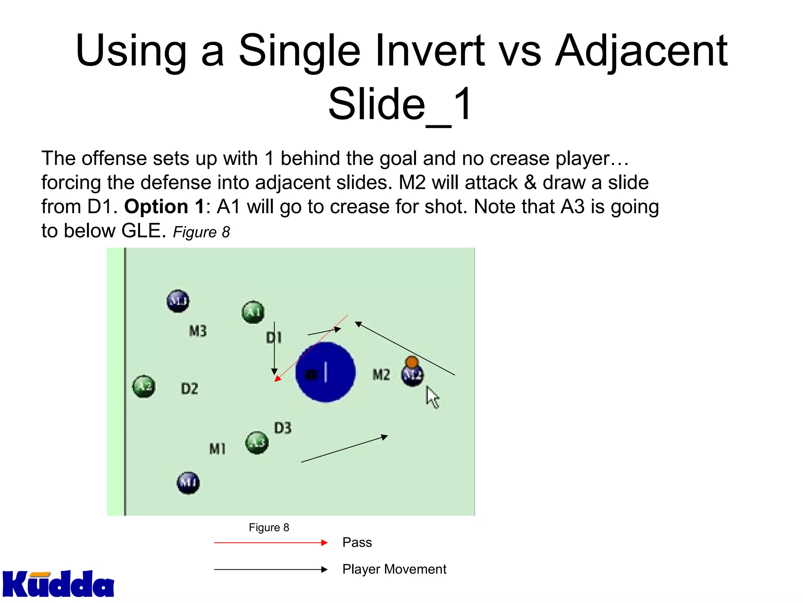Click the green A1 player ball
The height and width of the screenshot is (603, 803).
253,312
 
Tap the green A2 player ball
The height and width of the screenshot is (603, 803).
144,386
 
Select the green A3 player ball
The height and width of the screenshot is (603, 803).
257,443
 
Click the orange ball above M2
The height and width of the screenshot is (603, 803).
411,362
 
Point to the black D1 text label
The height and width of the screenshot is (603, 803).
274,338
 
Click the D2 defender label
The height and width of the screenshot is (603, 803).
189,389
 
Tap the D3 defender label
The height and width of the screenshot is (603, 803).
283,428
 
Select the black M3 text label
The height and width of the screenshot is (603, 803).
198,331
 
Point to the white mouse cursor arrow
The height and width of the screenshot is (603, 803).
432,397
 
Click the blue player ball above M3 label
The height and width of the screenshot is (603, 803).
178,301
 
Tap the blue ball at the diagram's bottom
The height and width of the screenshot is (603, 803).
188,482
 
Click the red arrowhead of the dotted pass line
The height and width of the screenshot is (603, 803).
277,378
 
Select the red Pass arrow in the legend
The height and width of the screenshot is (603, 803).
271,543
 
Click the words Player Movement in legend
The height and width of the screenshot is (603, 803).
394,569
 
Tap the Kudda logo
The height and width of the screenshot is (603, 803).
58,584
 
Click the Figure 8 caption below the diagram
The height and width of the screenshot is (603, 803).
269,527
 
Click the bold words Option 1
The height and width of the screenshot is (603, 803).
164,206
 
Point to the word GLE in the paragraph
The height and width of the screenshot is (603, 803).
141,231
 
